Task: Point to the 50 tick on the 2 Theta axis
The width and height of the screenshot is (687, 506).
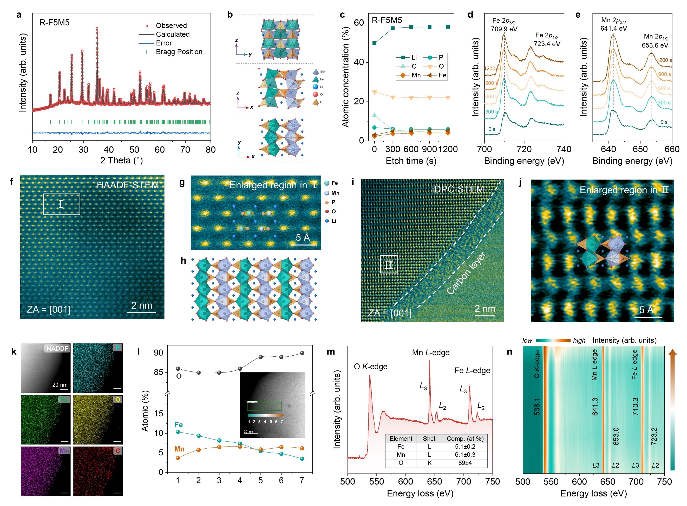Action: (134, 150)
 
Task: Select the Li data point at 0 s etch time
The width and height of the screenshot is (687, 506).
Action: (374, 43)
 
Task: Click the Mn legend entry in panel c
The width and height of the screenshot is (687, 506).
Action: (411, 75)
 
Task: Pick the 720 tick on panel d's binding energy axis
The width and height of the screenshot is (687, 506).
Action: (524, 149)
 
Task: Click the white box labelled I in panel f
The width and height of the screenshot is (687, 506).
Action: (62, 204)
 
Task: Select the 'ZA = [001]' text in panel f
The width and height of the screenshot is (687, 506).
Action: (49, 309)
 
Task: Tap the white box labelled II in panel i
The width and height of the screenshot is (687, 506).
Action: (389, 264)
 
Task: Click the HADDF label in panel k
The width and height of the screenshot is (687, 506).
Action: (57, 348)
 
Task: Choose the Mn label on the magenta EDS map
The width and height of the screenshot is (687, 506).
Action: (64, 451)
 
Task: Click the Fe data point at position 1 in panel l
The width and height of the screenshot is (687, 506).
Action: (178, 432)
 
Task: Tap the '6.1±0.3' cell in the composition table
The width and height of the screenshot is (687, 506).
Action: (465, 455)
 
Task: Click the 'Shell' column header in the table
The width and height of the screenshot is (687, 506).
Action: (429, 439)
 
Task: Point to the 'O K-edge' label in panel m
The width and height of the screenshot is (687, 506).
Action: (370, 367)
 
